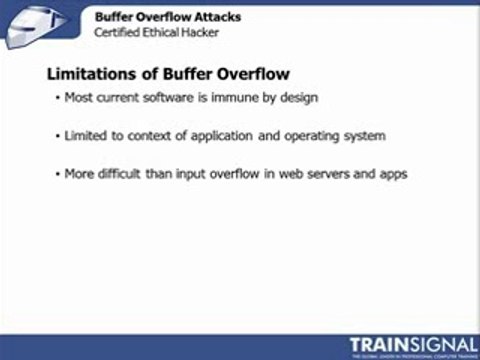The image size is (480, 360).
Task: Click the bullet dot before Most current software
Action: click(57, 98)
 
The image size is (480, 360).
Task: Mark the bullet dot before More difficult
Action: click(57, 173)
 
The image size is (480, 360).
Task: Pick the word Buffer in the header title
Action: click(114, 17)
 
